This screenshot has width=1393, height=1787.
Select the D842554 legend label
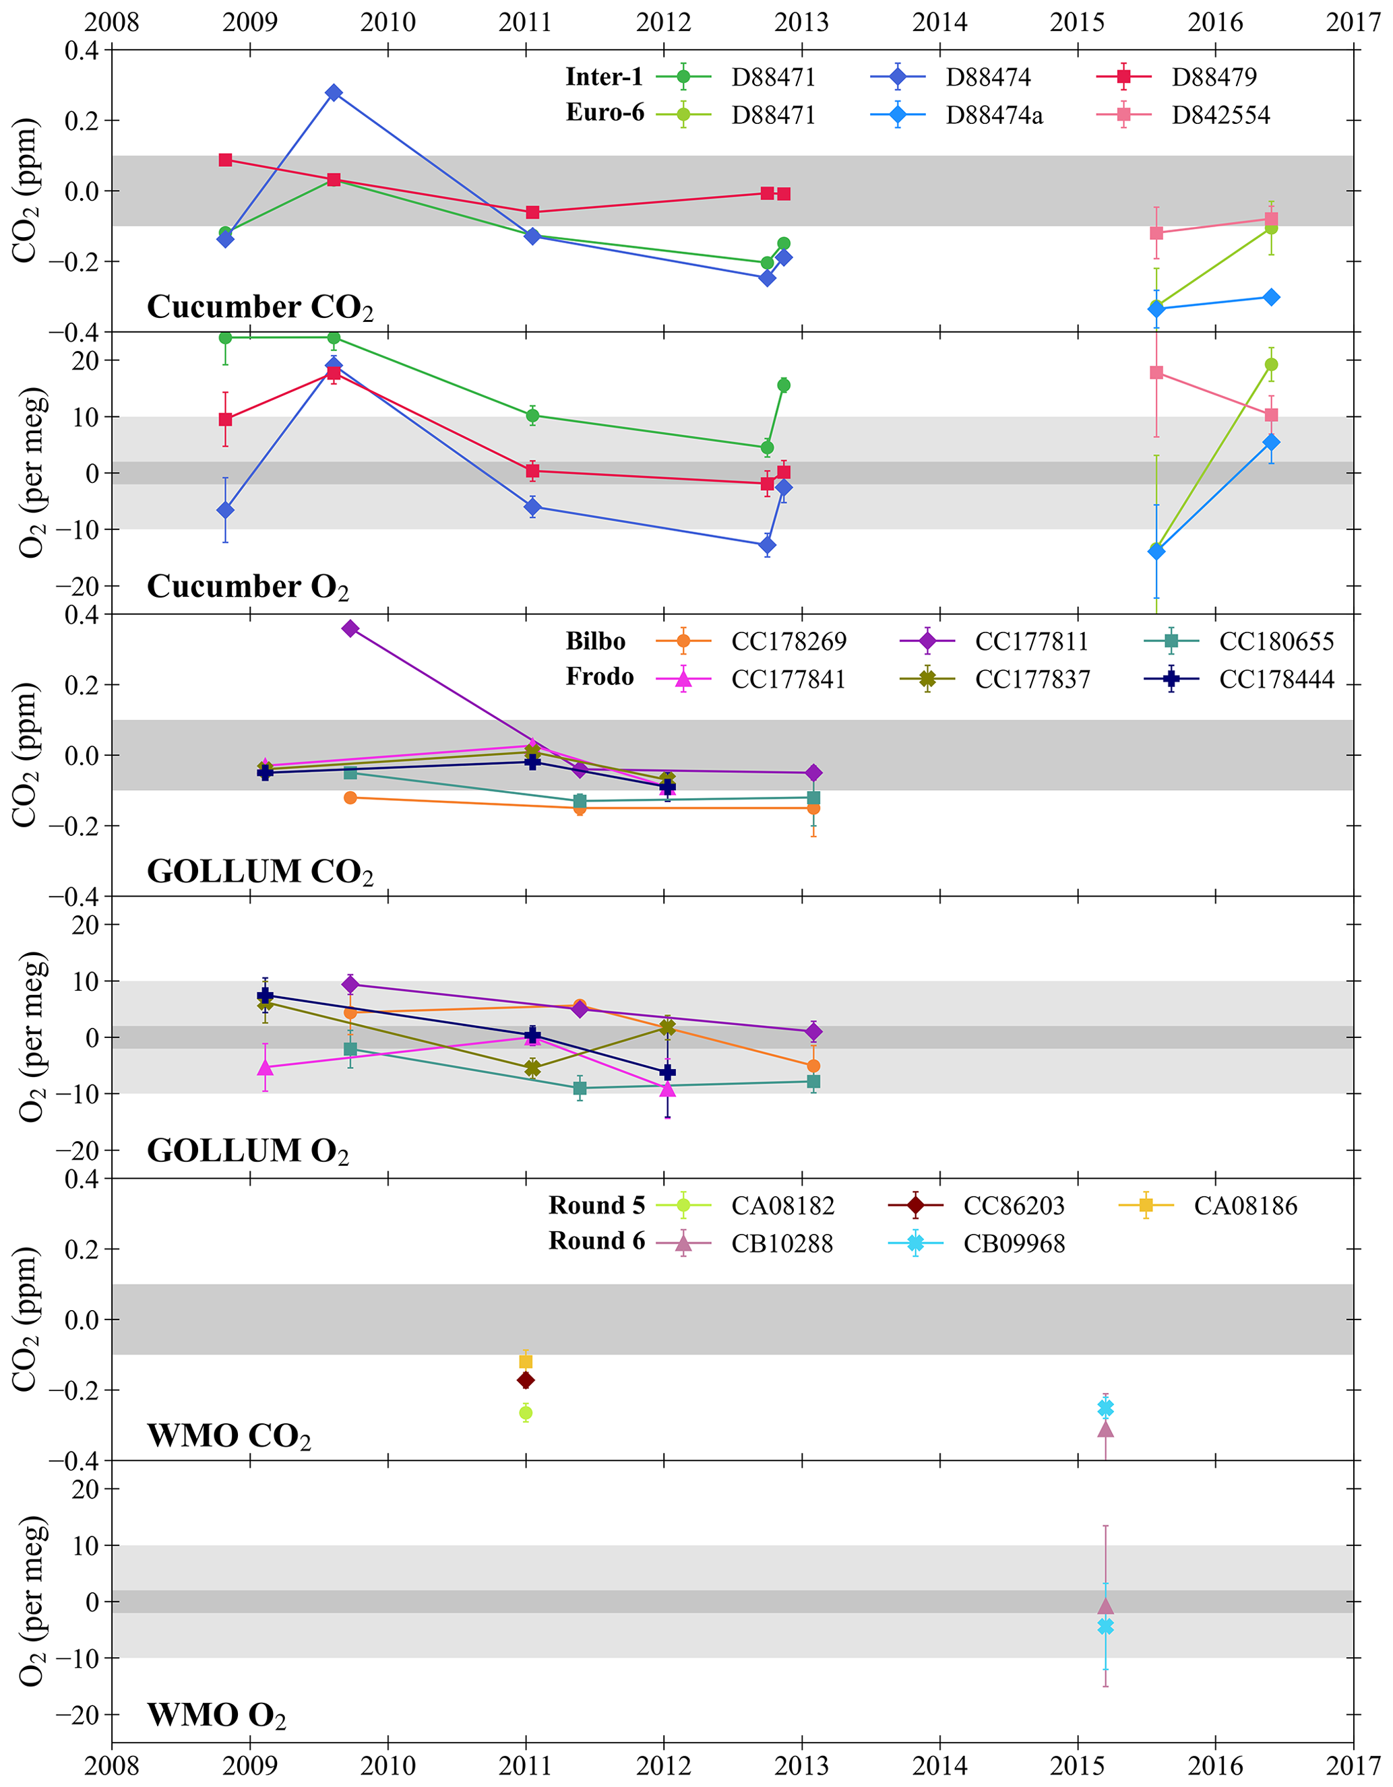tap(1220, 115)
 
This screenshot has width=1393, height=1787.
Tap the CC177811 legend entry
tap(1031, 641)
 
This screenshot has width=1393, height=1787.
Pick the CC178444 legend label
tap(1276, 679)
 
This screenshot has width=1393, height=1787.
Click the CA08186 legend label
tap(1245, 1206)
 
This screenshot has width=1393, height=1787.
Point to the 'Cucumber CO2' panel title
tap(259, 308)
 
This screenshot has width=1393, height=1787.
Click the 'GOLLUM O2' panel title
tap(247, 1151)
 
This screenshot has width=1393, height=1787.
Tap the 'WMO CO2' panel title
tap(228, 1436)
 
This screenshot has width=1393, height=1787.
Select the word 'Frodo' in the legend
tap(599, 677)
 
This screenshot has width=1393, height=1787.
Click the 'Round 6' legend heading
tap(596, 1241)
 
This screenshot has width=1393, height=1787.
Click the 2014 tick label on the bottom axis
tap(939, 1765)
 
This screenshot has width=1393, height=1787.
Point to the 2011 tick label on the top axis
tap(526, 22)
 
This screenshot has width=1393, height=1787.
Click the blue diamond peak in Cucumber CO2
tap(334, 92)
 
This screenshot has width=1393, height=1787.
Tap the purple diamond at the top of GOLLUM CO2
tap(350, 628)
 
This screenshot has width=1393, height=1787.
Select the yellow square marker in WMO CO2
tap(526, 1361)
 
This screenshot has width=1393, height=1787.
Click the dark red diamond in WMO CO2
tap(526, 1380)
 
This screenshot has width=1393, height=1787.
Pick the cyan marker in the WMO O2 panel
tap(1106, 1627)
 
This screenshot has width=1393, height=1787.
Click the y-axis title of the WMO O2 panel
tap(31, 1601)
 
